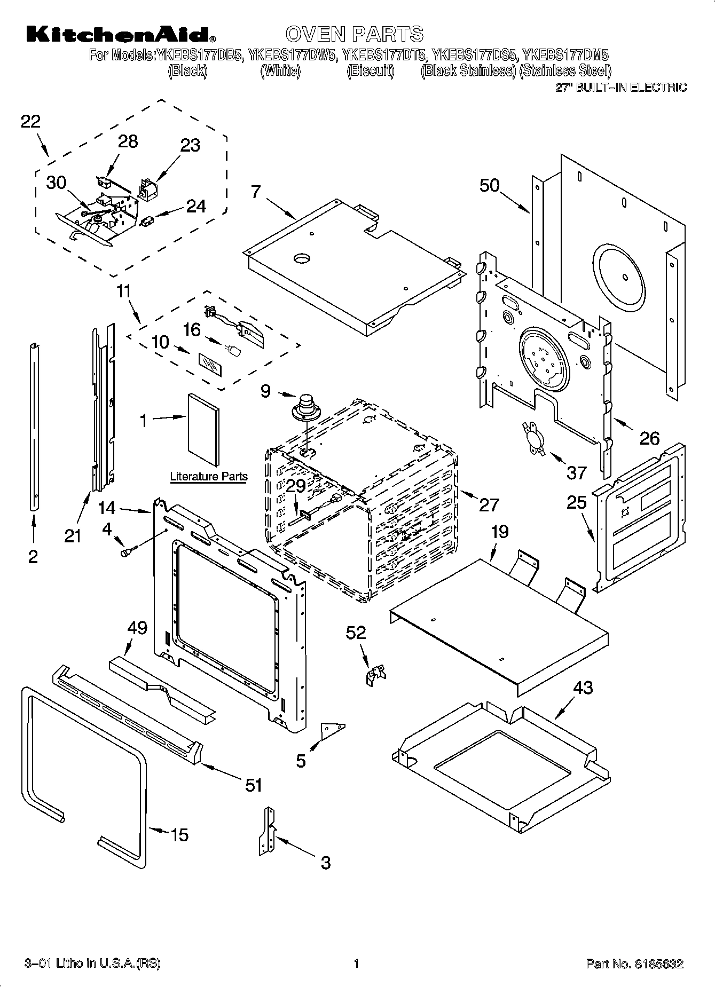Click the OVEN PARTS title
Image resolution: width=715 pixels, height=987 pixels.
point(354,34)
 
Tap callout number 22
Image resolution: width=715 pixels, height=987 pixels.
point(30,122)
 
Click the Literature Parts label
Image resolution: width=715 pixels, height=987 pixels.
point(208,476)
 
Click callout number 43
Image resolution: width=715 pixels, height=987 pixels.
point(583,688)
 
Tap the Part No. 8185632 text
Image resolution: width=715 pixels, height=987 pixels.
point(634,964)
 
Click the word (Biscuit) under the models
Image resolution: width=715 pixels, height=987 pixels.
point(370,70)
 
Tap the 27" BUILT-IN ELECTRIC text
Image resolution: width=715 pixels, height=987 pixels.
point(621,88)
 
